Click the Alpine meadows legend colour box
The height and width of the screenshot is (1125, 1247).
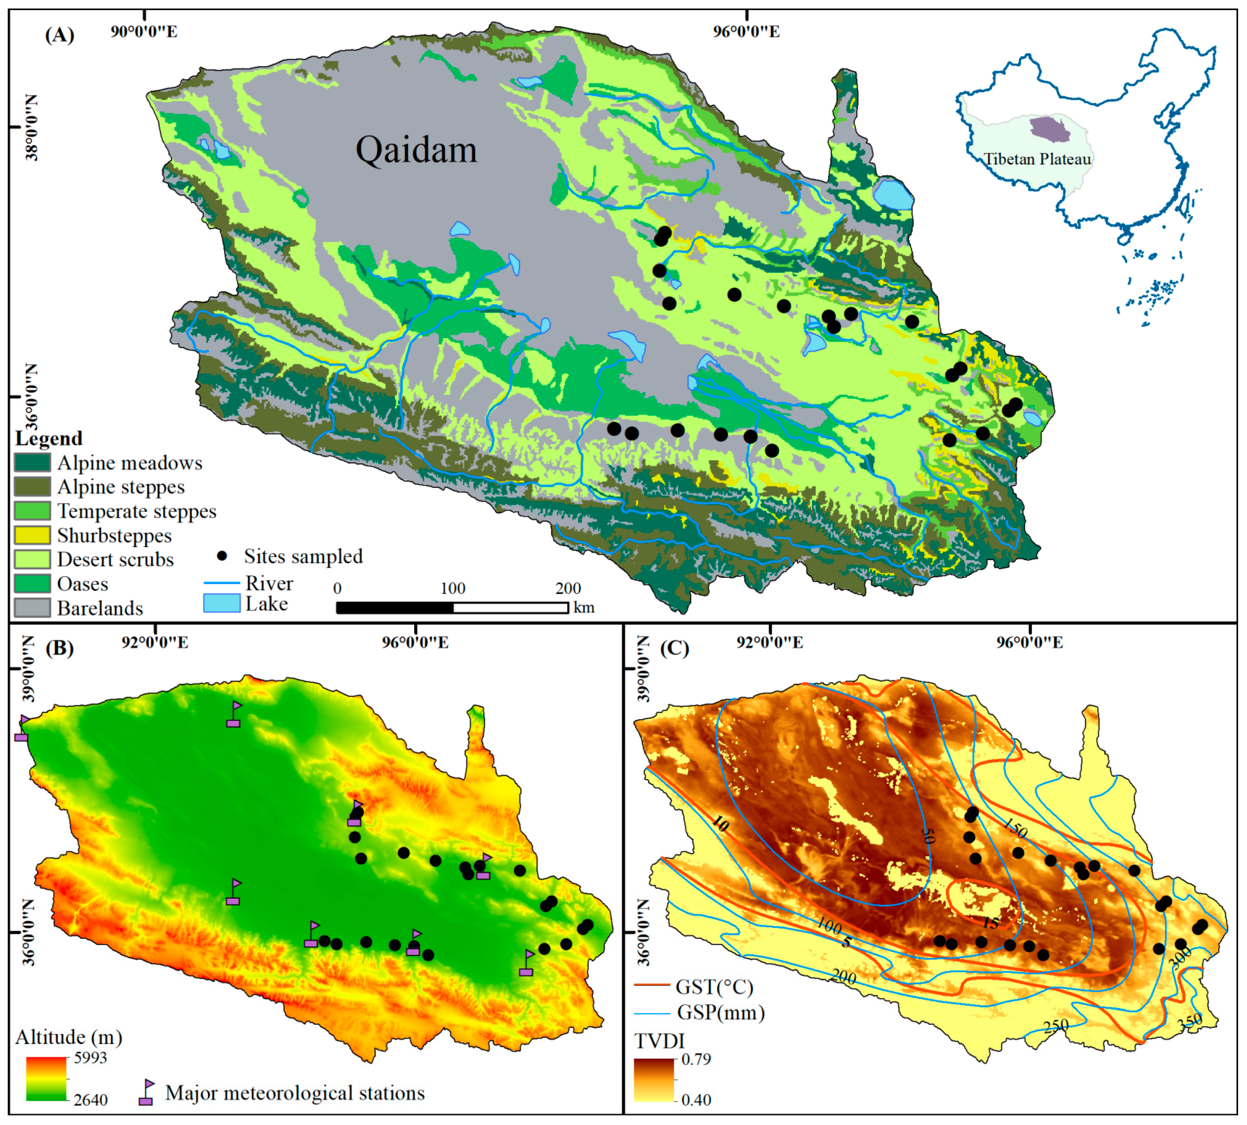[x=32, y=462]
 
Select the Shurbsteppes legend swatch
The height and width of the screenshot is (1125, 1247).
[x=32, y=535]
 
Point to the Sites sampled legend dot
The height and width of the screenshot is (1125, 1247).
[x=222, y=556]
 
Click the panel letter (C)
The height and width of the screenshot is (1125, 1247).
[x=674, y=648]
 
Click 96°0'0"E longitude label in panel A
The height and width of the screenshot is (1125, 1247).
[x=746, y=31]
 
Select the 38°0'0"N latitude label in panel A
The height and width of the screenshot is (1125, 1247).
[x=31, y=127]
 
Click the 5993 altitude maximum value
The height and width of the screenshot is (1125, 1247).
[x=90, y=1058]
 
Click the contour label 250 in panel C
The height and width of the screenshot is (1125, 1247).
[x=1055, y=1027]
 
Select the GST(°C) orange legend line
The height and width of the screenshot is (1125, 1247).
[x=652, y=985]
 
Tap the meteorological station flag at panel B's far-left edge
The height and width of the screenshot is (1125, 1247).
[x=22, y=729]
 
